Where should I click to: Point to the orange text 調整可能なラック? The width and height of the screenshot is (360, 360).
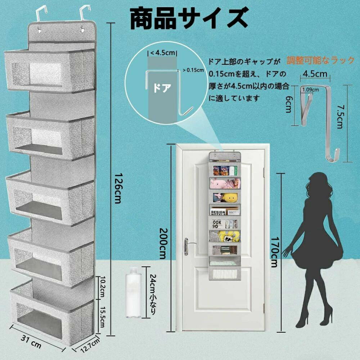[321, 60]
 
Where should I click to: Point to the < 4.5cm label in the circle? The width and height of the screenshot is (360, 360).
[162, 53]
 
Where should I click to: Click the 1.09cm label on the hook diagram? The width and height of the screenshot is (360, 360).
[310, 90]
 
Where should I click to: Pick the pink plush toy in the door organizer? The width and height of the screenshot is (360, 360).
[218, 183]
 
